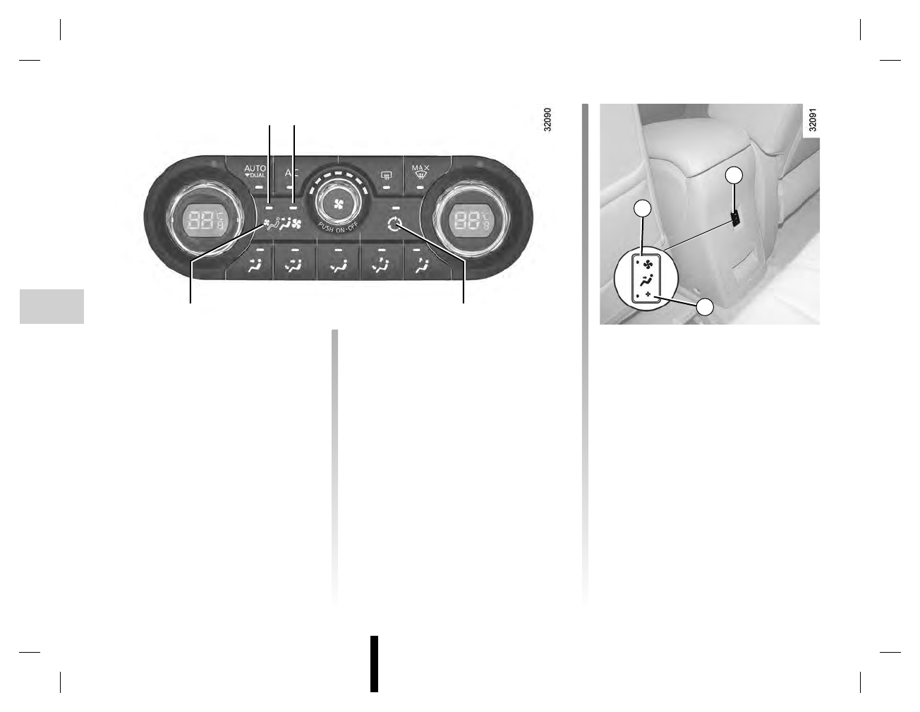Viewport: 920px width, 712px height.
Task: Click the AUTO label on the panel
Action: [255, 169]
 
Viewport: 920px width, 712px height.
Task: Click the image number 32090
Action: [547, 121]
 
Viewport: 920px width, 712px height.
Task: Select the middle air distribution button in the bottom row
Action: [338, 267]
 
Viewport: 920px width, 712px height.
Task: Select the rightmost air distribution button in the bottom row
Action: [421, 266]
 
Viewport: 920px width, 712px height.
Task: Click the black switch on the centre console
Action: [734, 219]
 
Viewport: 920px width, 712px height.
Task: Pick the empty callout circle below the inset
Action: [706, 306]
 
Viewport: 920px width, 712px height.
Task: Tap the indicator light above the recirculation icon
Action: [397, 207]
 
